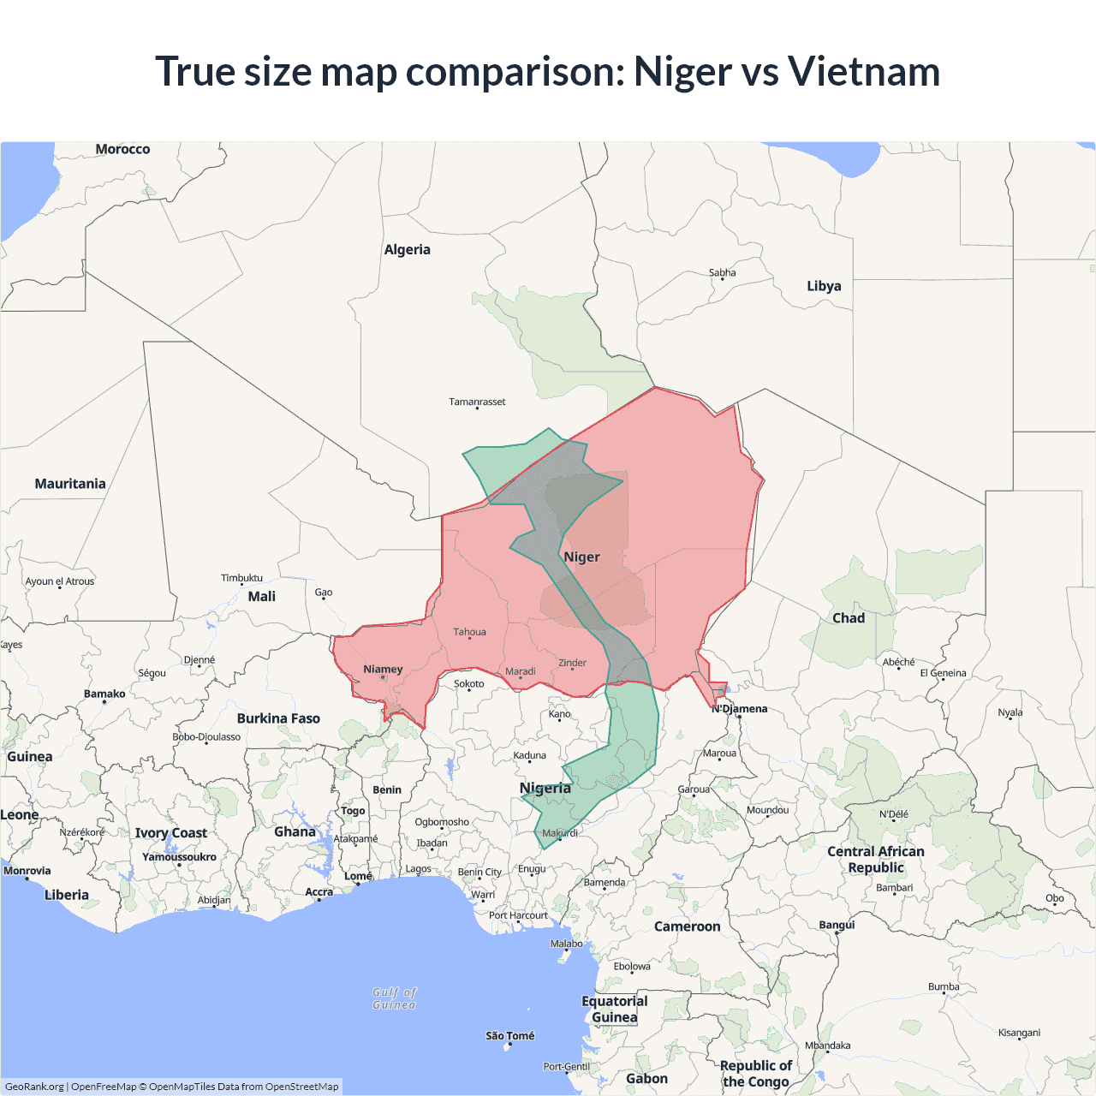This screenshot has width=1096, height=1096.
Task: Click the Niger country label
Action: tap(581, 557)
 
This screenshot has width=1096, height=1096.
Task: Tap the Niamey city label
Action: tap(383, 670)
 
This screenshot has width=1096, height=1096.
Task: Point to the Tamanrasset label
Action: tap(477, 402)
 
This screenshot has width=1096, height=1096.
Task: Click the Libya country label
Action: tap(824, 286)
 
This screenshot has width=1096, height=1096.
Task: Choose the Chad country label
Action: tap(849, 618)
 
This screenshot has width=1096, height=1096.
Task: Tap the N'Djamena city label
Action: tap(740, 709)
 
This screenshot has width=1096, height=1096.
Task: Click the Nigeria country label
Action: tap(545, 788)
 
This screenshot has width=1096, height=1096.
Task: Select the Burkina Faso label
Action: tap(278, 718)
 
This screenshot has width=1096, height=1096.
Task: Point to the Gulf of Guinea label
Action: tap(395, 998)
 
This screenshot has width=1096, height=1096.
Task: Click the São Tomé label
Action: tap(510, 1036)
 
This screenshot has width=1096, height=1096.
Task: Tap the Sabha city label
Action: tap(722, 273)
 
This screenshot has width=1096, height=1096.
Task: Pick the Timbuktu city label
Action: tap(241, 578)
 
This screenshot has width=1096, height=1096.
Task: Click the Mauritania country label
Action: tap(70, 484)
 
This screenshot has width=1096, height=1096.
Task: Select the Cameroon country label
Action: tap(687, 926)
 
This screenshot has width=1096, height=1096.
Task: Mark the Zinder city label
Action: tap(572, 663)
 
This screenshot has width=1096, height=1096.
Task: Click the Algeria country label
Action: tap(407, 250)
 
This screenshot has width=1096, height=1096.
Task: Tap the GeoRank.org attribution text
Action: tap(34, 1087)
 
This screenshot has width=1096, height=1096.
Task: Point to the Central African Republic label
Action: tap(876, 860)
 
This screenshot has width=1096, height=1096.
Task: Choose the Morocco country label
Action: tap(122, 149)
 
